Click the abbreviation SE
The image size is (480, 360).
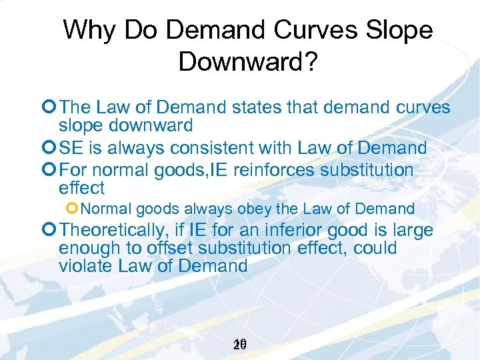coord(71,148)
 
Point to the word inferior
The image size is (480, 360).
coord(291,231)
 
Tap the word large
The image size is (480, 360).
coord(409,231)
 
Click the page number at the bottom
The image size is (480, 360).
coord(241,345)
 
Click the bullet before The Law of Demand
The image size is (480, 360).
coord(51,109)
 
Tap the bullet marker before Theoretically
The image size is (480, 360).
coord(51,231)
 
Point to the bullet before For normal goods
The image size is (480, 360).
coord(51,171)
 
